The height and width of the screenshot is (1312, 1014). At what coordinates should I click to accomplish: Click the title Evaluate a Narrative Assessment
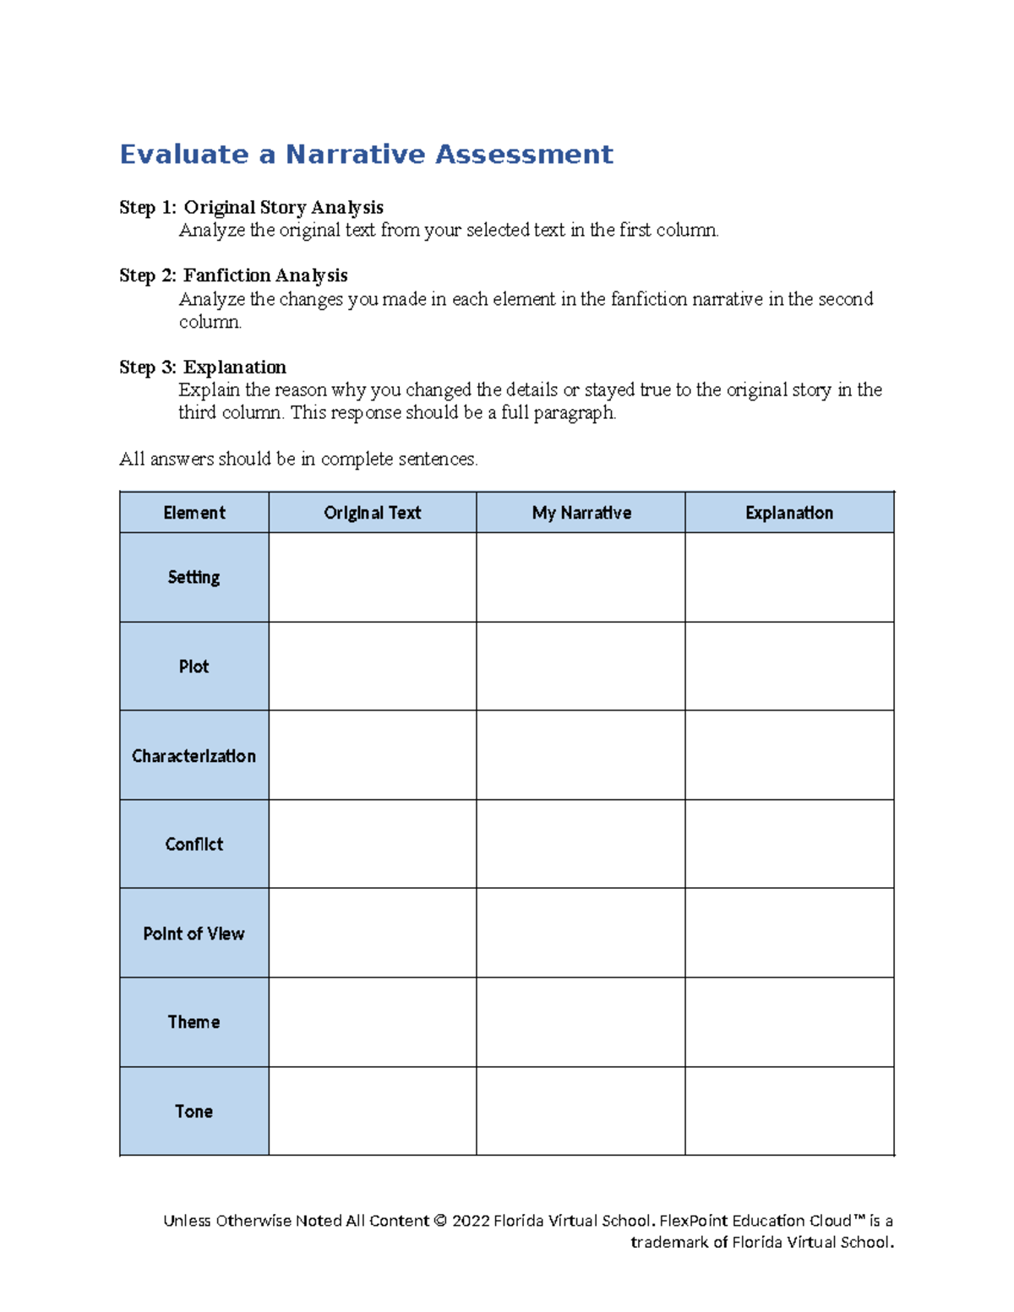coord(366,155)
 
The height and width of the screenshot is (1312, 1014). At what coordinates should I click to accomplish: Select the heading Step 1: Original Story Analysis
coord(251,208)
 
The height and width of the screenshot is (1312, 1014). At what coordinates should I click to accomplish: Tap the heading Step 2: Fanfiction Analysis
coord(233,275)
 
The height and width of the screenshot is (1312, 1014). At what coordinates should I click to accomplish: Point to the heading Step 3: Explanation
coord(203,367)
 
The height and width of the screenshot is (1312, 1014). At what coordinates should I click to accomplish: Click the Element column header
coord(194,513)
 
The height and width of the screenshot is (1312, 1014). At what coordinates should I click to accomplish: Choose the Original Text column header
coord(372,513)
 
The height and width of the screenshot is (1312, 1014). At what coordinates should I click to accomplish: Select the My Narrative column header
coord(581,513)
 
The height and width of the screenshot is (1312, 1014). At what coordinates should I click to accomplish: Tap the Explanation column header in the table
coord(789,513)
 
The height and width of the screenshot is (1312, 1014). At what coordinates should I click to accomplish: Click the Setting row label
coord(194,577)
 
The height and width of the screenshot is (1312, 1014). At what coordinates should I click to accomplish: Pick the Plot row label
coord(194,667)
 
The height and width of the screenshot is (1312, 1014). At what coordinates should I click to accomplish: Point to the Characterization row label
coord(194,756)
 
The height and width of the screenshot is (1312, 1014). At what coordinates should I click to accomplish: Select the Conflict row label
coord(194,844)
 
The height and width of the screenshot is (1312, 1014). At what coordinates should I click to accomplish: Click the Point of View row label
coord(194,934)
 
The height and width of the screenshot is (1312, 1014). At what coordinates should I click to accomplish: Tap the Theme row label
coord(194,1022)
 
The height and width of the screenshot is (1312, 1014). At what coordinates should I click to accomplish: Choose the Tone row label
coord(194,1112)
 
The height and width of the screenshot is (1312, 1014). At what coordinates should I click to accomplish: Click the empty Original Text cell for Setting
coord(372,577)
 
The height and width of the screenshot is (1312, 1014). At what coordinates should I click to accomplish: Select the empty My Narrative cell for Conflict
coord(581,844)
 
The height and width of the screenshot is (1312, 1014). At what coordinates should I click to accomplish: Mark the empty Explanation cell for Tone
coord(789,1112)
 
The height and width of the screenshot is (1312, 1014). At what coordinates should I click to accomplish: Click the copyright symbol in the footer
coord(439,1221)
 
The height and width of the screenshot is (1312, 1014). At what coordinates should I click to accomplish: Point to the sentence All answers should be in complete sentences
coord(298,460)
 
